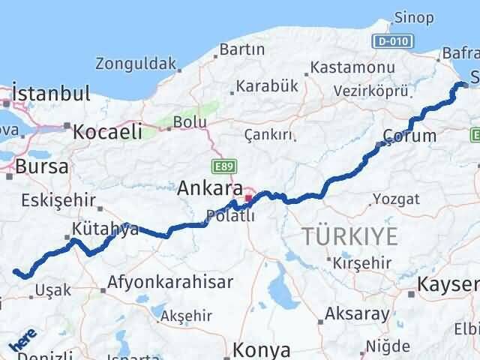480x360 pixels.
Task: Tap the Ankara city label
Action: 210,189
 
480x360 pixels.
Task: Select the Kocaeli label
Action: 107,132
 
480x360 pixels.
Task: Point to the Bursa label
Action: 42,166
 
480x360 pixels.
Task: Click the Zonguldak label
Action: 136,64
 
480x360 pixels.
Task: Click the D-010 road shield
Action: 390,40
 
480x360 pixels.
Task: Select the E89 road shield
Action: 220,166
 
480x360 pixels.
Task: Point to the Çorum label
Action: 409,136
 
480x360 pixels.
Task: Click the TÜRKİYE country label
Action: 350,236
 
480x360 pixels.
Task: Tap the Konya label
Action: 261,349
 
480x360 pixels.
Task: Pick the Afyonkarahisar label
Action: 170,283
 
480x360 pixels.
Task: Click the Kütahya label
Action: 106,229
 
